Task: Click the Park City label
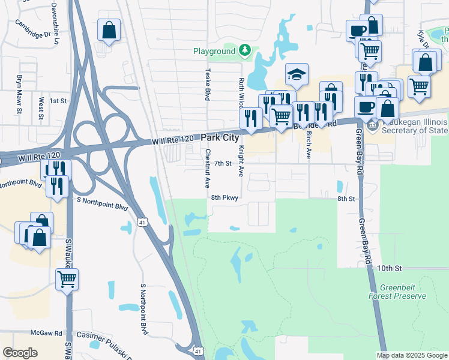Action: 224,138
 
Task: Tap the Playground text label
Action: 214,52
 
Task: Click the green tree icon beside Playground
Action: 245,50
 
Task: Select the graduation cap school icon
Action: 297,75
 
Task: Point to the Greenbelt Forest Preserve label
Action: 398,292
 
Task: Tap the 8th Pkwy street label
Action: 224,197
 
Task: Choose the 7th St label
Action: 223,163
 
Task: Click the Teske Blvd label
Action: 208,83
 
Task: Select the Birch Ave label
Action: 309,145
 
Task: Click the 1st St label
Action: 58,101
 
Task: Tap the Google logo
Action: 20,352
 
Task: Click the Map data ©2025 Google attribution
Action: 411,355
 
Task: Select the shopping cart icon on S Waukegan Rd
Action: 67,278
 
